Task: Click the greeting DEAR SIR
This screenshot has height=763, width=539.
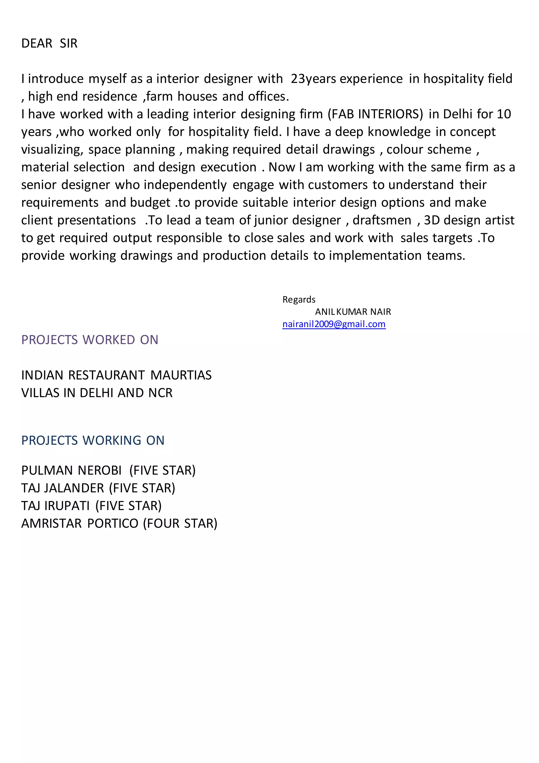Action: click(x=49, y=43)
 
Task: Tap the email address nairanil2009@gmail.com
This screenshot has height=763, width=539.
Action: click(x=334, y=324)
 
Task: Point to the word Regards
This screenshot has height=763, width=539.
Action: click(x=299, y=299)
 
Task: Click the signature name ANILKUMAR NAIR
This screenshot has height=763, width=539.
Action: click(x=353, y=312)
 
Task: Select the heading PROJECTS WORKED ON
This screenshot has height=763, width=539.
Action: click(x=89, y=340)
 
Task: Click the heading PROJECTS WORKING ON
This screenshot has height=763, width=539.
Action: click(x=93, y=440)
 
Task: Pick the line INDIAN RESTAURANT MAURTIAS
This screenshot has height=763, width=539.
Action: click(x=116, y=375)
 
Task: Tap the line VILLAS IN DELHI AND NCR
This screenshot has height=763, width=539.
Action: click(x=97, y=393)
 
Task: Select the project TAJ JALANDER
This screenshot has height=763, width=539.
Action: click(x=63, y=488)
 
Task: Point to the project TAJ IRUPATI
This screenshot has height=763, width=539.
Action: click(x=56, y=505)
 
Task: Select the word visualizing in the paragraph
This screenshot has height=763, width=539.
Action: click(x=52, y=149)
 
